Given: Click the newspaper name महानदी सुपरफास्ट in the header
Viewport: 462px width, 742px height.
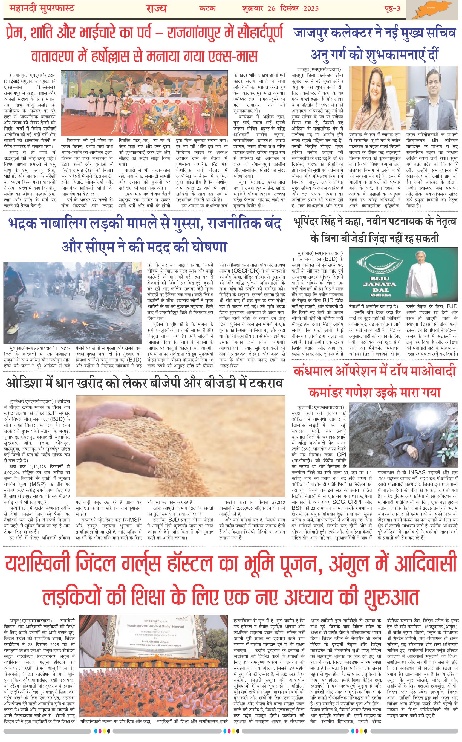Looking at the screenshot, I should pos(40,8).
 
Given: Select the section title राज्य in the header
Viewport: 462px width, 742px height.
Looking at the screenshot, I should pos(157,8).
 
